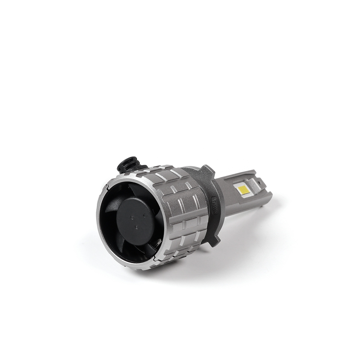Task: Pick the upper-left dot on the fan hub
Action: point(133,217)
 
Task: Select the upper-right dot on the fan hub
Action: point(144,215)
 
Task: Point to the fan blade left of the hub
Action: point(108,216)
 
